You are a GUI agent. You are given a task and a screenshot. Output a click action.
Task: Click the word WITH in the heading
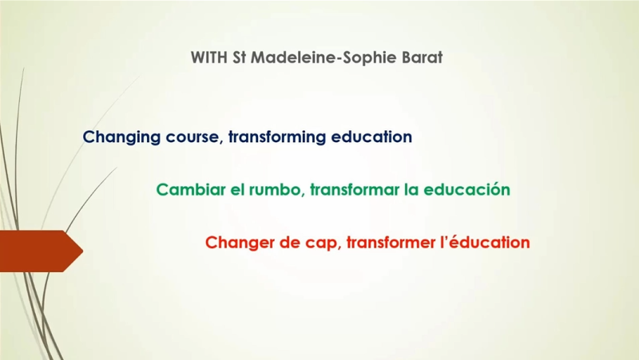[x=208, y=57]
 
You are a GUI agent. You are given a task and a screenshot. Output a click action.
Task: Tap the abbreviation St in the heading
[x=239, y=57]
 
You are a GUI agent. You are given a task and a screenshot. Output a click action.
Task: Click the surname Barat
[x=423, y=57]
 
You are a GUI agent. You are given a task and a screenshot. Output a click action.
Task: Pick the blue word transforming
[x=277, y=137]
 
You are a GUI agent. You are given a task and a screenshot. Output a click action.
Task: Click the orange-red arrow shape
[x=42, y=251]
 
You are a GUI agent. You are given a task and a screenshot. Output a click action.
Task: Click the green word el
[x=237, y=189]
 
